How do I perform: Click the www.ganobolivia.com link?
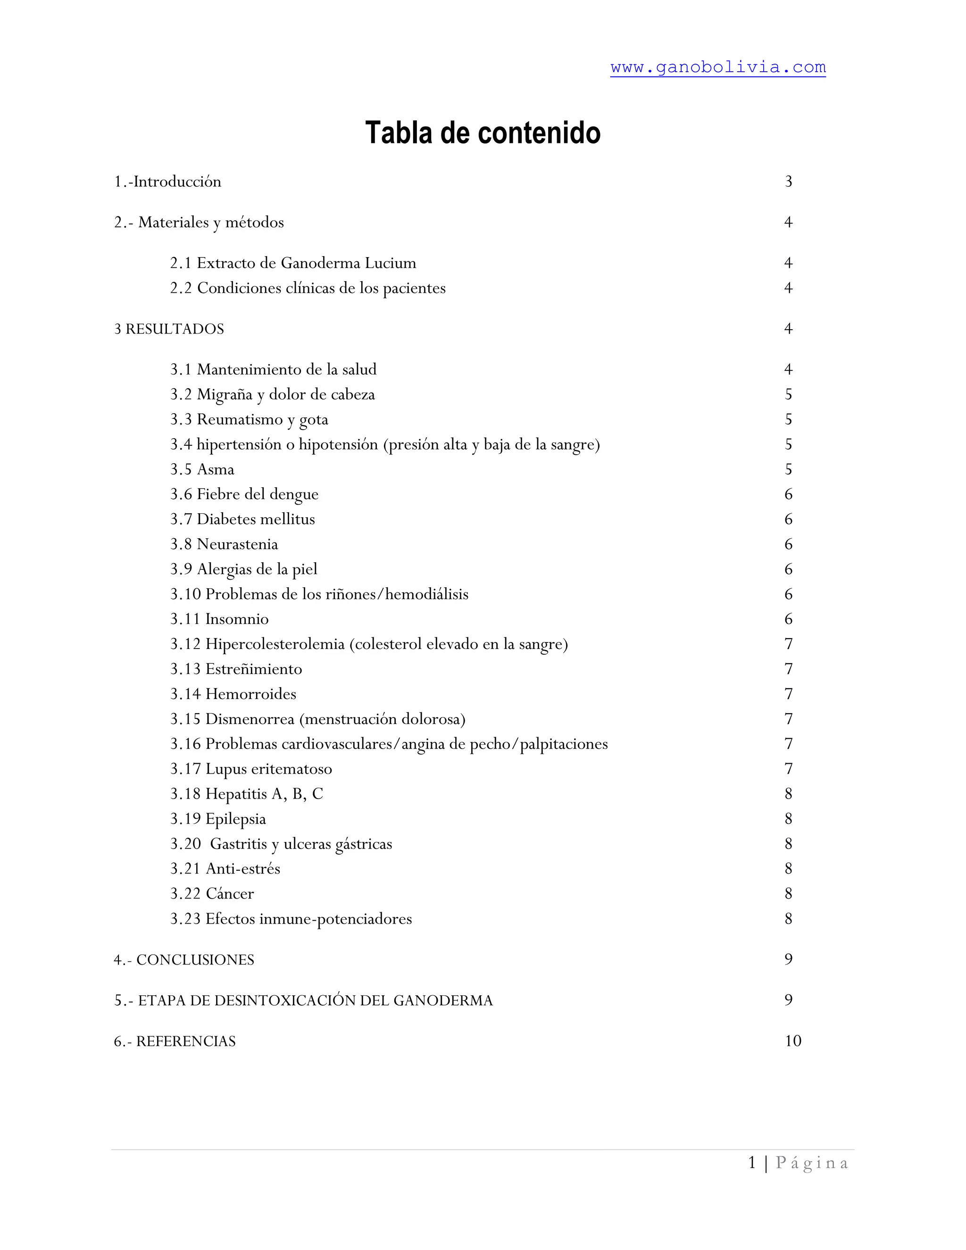717,67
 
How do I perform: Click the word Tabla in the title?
400,133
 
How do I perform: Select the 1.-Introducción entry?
167,182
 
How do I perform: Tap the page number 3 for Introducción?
788,182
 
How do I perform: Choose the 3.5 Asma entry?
202,469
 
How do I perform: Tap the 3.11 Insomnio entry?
219,619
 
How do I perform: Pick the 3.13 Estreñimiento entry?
236,669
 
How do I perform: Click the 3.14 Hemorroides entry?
233,694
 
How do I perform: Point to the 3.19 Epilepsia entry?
218,819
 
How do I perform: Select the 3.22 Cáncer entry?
212,894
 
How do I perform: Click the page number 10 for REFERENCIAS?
792,1041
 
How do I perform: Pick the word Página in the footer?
811,1163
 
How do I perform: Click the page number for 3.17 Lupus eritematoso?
788,769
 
